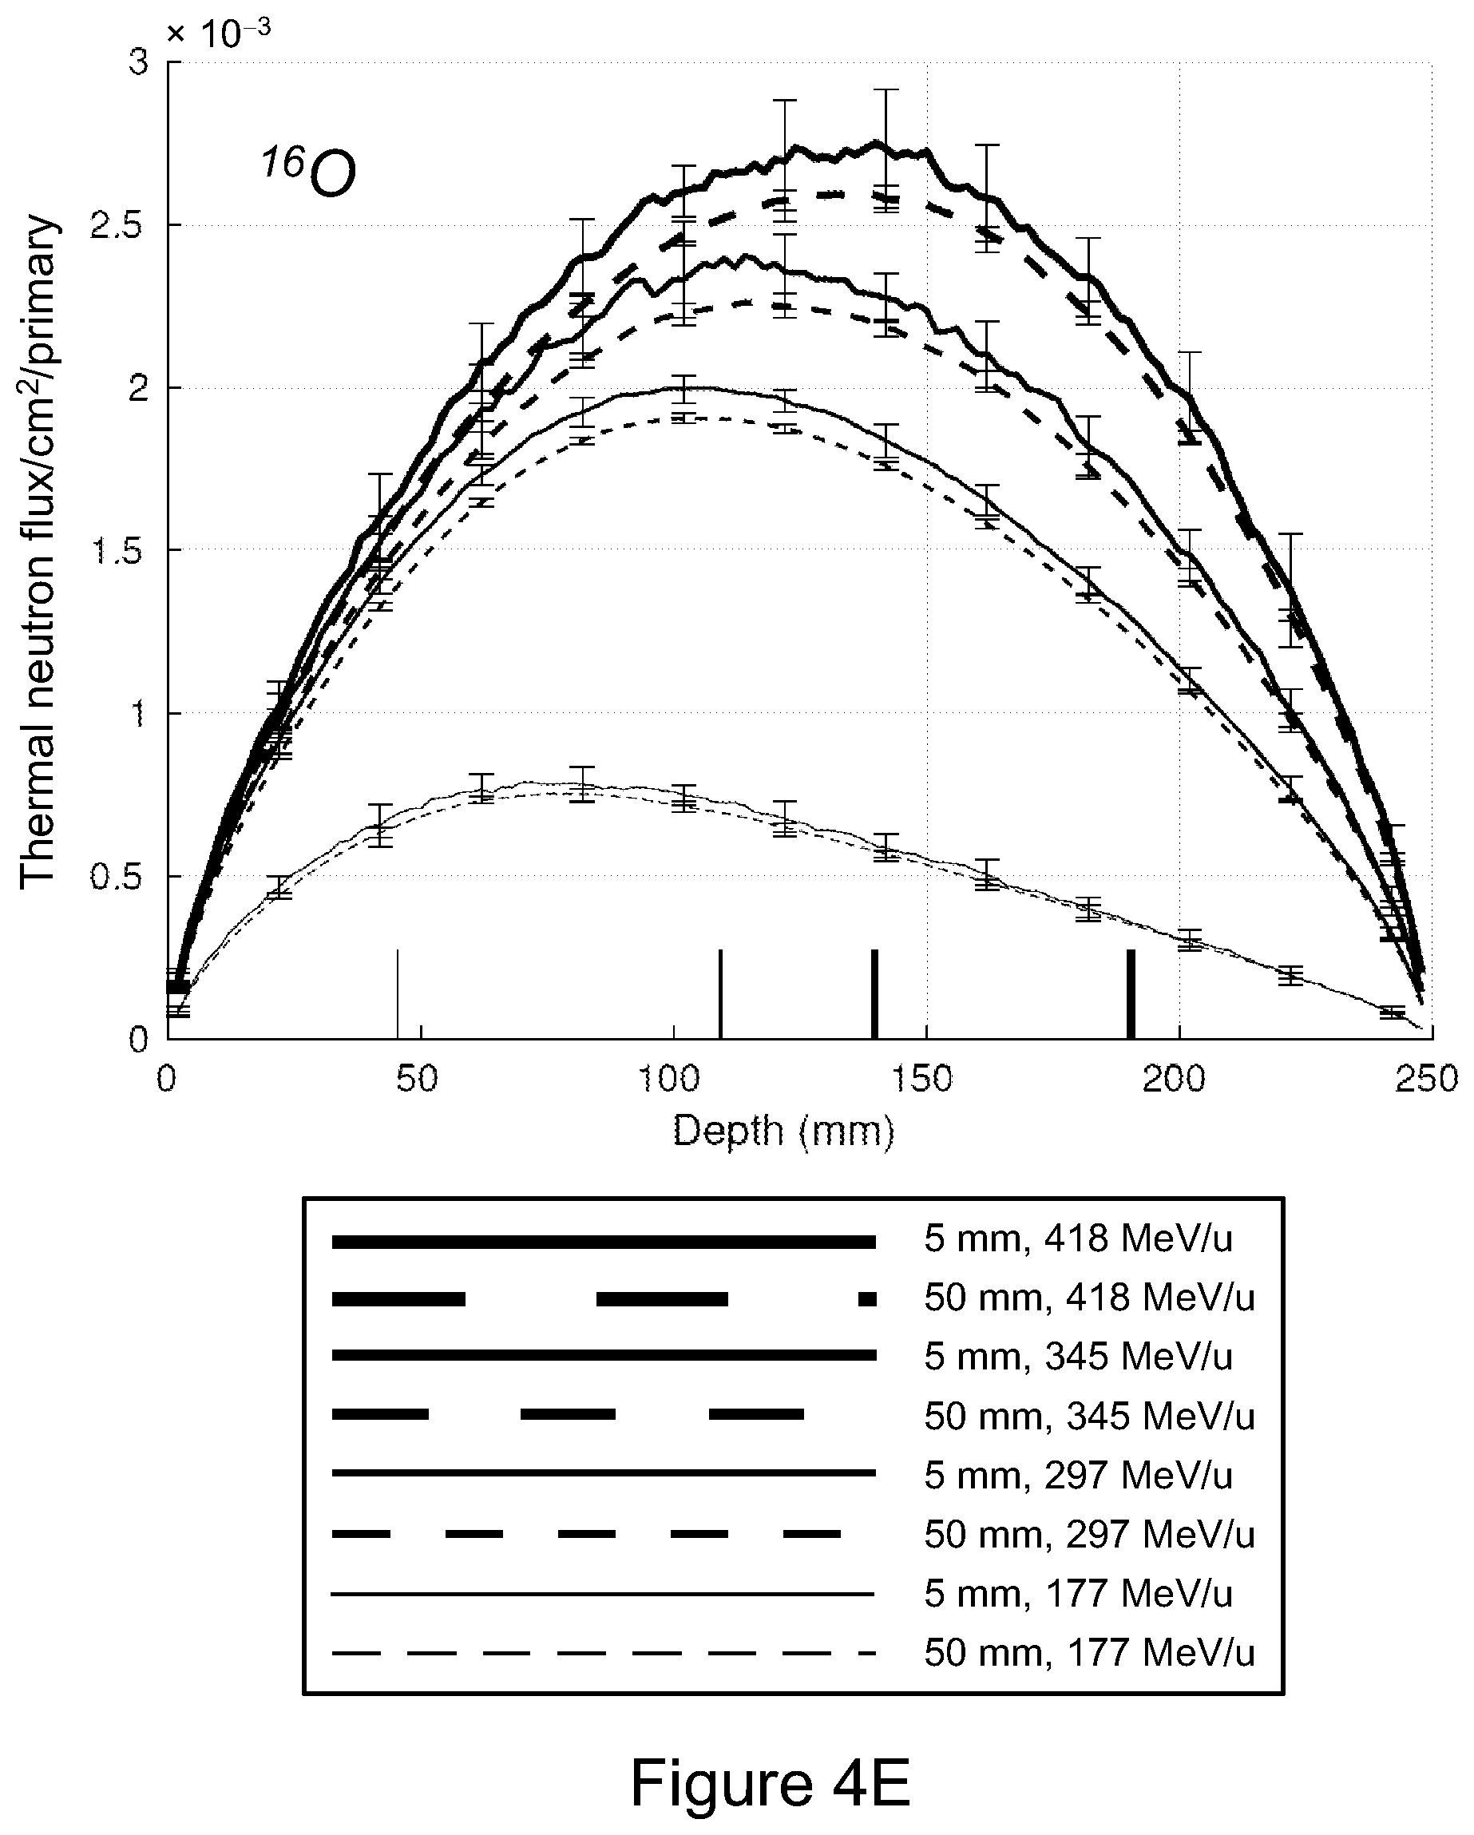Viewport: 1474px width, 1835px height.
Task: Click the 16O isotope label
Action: click(308, 172)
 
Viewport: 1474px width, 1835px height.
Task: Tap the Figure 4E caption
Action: click(771, 1782)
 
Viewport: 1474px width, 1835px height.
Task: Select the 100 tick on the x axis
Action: click(672, 1080)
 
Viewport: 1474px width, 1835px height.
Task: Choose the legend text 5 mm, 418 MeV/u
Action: click(1078, 1240)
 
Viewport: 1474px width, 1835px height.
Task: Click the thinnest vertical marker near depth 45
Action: click(398, 993)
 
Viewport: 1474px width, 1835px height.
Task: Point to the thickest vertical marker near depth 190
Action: click(1131, 993)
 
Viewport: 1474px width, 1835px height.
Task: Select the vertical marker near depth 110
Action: click(721, 993)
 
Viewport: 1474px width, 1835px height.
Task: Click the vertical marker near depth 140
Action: click(874, 993)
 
